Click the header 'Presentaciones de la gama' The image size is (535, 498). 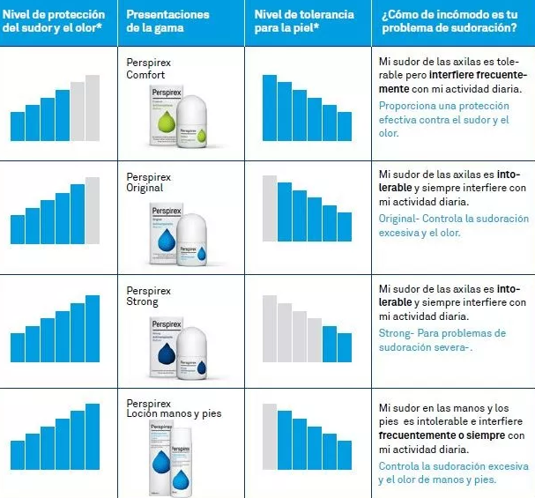click(167, 22)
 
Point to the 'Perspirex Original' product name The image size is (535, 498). click(149, 182)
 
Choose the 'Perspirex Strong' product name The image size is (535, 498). click(149, 296)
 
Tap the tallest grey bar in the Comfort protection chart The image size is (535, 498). click(93, 108)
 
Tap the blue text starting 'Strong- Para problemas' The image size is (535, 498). click(442, 340)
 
